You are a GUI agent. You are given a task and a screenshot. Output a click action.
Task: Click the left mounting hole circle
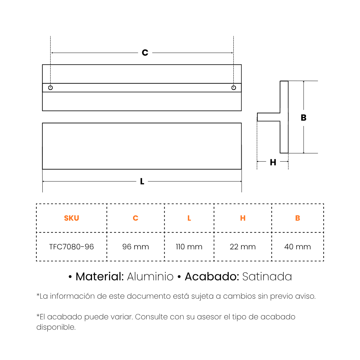pos(51,87)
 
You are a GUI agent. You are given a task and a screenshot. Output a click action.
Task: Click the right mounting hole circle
pos(233,87)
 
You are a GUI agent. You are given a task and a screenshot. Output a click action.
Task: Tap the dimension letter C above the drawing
pos(145,53)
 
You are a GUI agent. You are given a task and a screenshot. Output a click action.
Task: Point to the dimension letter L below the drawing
pos(142,181)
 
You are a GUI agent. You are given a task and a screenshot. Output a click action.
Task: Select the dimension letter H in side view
pos(273,162)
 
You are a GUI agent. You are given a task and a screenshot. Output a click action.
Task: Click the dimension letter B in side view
pos(304,118)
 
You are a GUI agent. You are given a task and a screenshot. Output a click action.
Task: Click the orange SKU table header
pos(71,218)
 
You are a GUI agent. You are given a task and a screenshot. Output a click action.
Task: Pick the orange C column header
pos(135,218)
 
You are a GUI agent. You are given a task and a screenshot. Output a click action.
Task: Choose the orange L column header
pos(189,218)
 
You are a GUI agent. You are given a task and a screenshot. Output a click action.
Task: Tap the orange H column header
pos(243,218)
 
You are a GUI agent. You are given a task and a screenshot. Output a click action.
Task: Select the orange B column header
pos(298,218)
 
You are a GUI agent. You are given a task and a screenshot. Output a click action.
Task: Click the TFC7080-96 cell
pos(71,247)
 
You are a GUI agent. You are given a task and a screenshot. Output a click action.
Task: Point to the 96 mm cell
pos(135,247)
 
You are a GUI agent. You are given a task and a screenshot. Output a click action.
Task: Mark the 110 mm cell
pos(189,247)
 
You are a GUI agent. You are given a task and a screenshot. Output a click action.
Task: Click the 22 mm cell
pos(243,247)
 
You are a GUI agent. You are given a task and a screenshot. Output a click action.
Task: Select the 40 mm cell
pos(298,247)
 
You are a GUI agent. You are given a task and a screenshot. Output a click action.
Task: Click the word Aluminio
pos(150,276)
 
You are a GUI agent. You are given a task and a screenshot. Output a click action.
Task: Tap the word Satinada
pos(267,276)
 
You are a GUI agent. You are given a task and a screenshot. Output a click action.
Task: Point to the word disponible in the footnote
pos(56,327)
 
